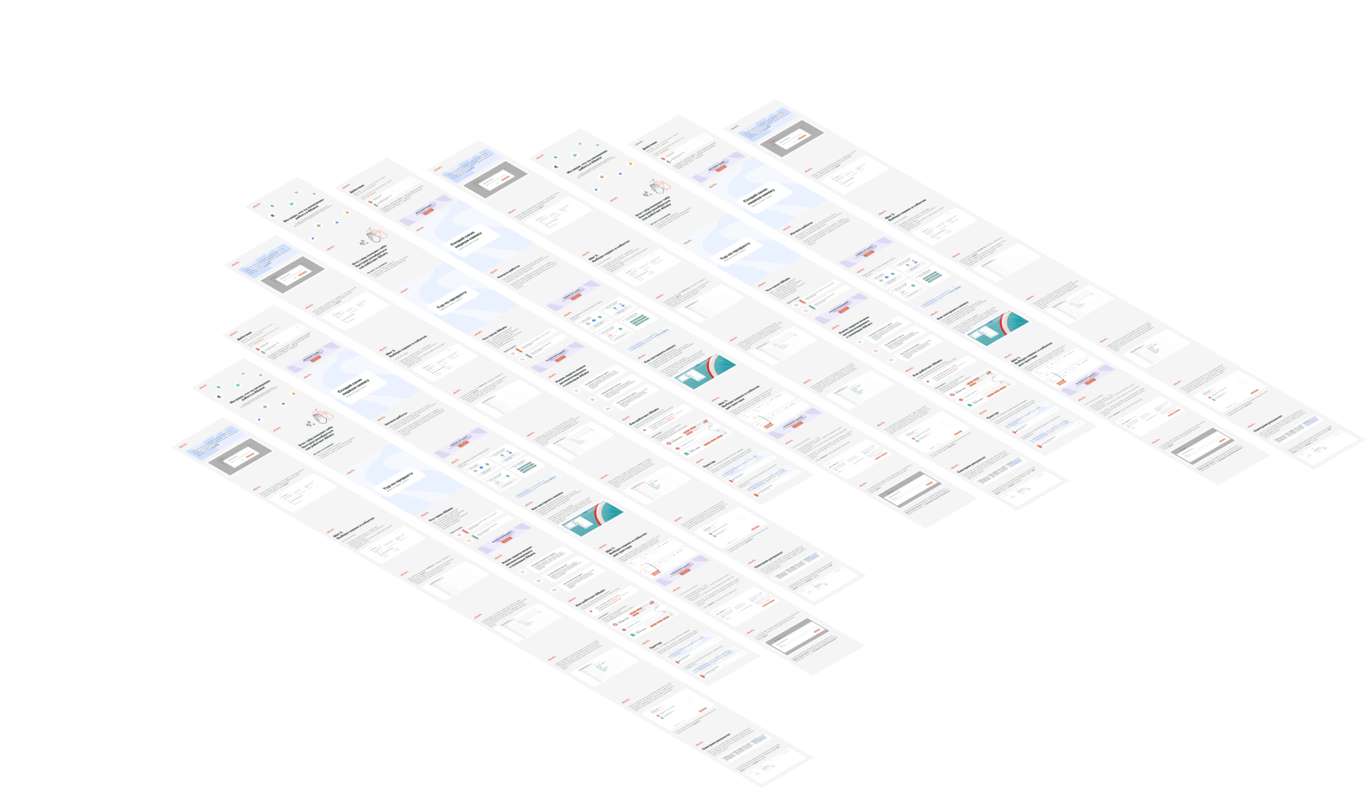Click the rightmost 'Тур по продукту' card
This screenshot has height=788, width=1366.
737,253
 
